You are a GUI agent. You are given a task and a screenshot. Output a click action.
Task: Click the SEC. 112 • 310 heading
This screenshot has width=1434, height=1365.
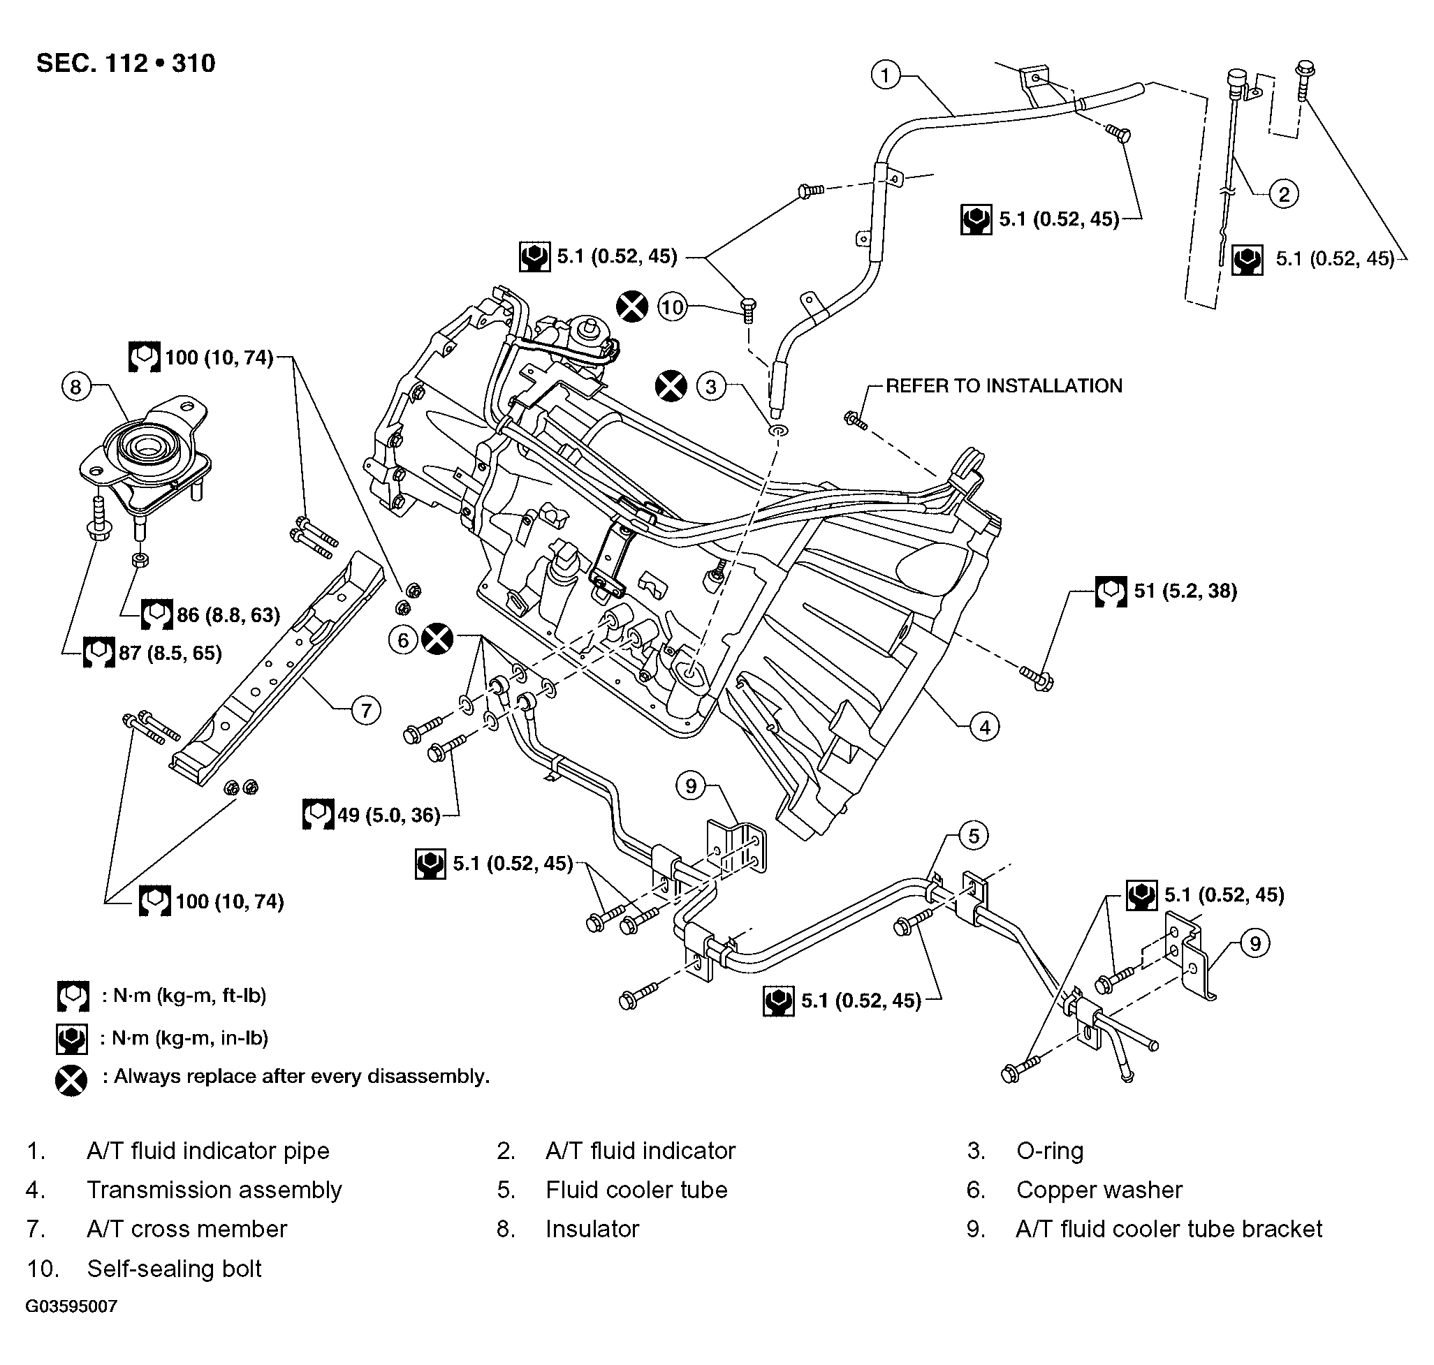pyautogui.click(x=126, y=64)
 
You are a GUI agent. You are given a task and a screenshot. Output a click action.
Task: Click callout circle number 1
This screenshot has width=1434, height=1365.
pyautogui.click(x=885, y=75)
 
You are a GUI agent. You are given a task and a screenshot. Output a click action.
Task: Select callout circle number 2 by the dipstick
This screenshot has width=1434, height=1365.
pyautogui.click(x=1284, y=194)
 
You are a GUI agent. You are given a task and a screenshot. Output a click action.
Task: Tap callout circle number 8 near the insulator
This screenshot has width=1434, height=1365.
pyautogui.click(x=75, y=386)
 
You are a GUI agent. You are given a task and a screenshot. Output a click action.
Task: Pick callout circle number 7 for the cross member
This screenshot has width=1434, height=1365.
pyautogui.click(x=366, y=710)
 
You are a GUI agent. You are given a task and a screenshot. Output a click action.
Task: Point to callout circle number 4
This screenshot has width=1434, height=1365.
pyautogui.click(x=985, y=727)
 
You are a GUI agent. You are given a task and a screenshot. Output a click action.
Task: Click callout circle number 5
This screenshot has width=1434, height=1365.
pyautogui.click(x=974, y=836)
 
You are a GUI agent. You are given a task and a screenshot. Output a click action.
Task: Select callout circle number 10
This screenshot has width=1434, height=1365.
pyautogui.click(x=672, y=307)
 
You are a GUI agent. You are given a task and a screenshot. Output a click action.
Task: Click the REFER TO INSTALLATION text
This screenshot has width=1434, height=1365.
pyautogui.click(x=1004, y=385)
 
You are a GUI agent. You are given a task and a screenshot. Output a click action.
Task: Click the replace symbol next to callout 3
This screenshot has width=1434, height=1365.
pyautogui.click(x=671, y=385)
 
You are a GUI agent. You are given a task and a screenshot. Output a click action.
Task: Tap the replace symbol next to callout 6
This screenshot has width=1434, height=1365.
pyautogui.click(x=437, y=640)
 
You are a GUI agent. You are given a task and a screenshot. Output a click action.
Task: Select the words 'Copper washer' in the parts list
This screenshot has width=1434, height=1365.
pyautogui.click(x=1099, y=1190)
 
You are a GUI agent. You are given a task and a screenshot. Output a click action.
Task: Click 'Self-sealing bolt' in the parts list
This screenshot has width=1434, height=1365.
pyautogui.click(x=174, y=1268)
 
